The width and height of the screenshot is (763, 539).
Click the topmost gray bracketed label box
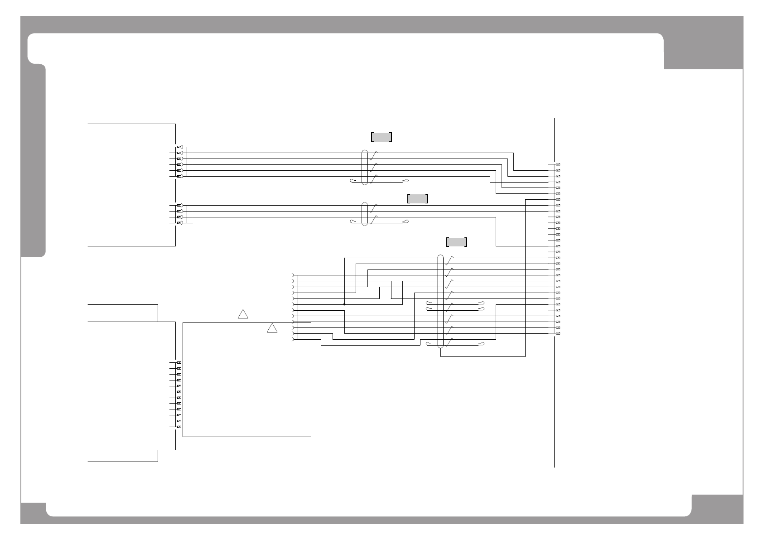[x=381, y=137]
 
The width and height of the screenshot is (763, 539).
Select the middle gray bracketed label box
[x=418, y=198]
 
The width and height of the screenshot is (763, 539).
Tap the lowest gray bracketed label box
[x=457, y=242]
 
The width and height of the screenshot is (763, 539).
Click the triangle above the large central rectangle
[x=243, y=314]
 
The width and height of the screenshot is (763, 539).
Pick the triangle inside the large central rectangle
[x=272, y=328]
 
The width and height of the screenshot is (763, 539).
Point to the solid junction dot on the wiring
[x=344, y=304]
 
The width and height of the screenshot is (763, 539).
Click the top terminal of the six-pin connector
[x=179, y=147]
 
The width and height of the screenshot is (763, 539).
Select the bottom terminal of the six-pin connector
[x=179, y=176]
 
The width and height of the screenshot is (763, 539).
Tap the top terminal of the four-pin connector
[x=179, y=206]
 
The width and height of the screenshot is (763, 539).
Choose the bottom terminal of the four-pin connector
[x=179, y=223]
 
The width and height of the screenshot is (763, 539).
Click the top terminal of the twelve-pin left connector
[x=179, y=363]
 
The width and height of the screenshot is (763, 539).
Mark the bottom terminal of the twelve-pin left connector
[x=179, y=427]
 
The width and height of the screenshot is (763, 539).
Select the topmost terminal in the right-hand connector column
[x=558, y=164]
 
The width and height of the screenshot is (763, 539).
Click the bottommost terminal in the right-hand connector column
[x=558, y=334]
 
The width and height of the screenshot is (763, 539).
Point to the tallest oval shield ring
[x=440, y=301]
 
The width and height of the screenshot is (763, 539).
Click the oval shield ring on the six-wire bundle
[x=365, y=168]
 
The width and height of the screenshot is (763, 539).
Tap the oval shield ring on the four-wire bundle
[x=365, y=214]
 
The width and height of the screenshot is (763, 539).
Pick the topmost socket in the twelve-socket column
[x=293, y=275]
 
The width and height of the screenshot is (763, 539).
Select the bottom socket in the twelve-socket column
[x=293, y=340]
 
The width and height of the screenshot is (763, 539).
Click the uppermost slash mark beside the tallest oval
[x=449, y=260]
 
